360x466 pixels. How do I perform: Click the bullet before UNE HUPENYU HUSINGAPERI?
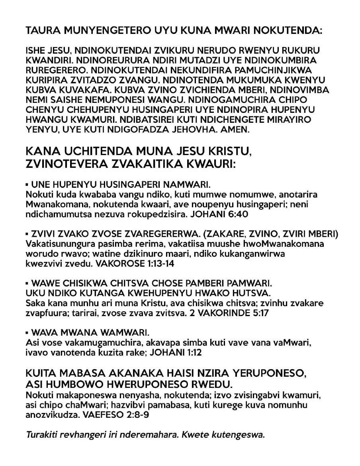[x=27, y=185]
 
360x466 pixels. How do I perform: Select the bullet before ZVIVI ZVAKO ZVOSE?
[x=27, y=234]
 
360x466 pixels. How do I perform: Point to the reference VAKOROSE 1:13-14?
[x=141, y=263]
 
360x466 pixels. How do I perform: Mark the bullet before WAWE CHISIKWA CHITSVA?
[x=27, y=283]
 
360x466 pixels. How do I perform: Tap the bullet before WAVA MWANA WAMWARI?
[x=27, y=332]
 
